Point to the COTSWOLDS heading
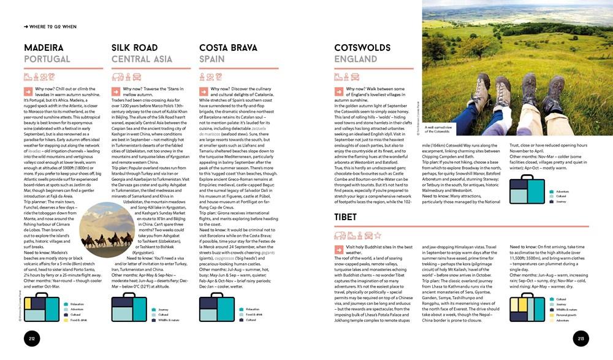[x=371, y=48]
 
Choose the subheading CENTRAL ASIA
[x=142, y=59]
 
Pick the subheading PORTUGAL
[x=47, y=59]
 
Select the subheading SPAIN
[x=213, y=59]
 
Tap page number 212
[x=31, y=338]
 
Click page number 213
[x=581, y=338]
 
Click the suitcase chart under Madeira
[x=41, y=308]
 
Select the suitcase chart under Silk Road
[x=129, y=308]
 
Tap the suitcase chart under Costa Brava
[x=217, y=308]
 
